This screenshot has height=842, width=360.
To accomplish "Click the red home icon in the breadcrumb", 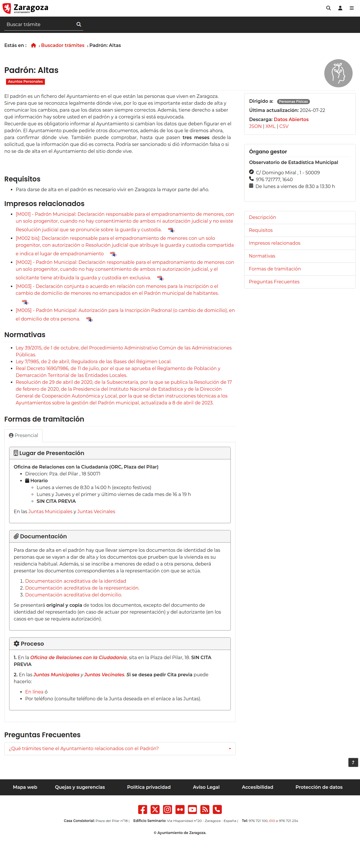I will point(33,46).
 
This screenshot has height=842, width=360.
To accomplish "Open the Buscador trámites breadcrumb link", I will point(62,46).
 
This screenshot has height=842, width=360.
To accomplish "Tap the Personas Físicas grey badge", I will point(293,102).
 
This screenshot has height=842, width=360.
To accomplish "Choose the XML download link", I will point(270,127).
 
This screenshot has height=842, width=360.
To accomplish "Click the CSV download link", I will point(284,127).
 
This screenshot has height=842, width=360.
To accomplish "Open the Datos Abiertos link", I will point(291,120).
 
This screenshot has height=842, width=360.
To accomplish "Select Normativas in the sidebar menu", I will point(262,256).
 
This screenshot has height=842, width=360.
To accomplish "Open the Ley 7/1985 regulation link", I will point(94,361).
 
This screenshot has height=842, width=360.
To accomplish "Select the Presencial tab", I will point(23,435).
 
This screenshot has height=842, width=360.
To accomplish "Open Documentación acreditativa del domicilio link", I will point(73,595).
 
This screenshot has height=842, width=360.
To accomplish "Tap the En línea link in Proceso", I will point(34,692).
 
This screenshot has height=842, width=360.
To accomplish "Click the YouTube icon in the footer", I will point(192,809).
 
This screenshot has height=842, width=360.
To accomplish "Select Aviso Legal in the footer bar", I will point(206,787).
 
